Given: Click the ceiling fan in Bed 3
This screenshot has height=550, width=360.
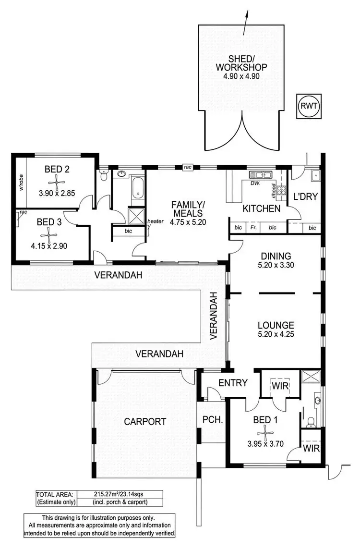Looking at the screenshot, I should pos(47,235).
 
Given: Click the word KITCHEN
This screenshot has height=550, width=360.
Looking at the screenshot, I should pos(261,209).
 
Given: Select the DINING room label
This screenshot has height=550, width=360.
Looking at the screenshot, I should pos(274,256).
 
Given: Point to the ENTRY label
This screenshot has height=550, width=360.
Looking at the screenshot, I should pos(233,383).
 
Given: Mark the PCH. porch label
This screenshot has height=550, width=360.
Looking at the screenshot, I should pos(211,419).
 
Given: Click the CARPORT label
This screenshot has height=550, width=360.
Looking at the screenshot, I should pos(145,422).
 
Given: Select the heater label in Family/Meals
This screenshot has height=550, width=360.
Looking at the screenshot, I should pos(156,221).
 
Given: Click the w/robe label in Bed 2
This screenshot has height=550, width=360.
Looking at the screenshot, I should pos(21,181).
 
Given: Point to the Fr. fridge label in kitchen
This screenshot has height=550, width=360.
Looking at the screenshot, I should pos(253,227).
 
